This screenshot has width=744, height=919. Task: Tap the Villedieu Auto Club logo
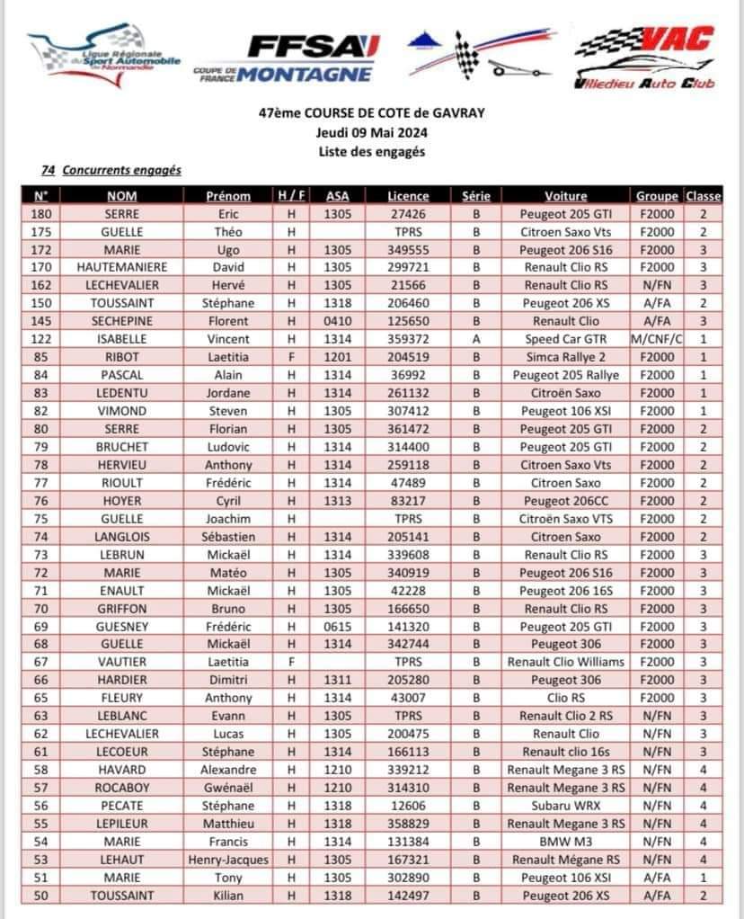[643, 57]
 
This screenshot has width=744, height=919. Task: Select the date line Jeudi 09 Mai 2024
[371, 132]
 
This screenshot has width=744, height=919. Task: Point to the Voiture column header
[566, 196]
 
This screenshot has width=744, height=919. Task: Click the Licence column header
[409, 196]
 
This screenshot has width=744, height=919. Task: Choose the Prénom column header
[228, 196]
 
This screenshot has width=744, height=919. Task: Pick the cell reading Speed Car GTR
[566, 339]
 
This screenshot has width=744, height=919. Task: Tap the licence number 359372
[409, 339]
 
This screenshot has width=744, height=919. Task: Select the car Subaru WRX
[566, 806]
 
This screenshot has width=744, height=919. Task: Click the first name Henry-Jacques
[228, 860]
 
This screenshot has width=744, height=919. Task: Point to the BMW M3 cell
[566, 842]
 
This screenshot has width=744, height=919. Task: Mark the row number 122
[41, 339]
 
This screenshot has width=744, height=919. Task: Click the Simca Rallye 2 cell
[566, 357]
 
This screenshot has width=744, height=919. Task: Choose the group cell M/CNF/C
[658, 339]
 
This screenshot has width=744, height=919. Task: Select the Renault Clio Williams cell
[566, 662]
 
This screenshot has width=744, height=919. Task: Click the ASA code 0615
[338, 626]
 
